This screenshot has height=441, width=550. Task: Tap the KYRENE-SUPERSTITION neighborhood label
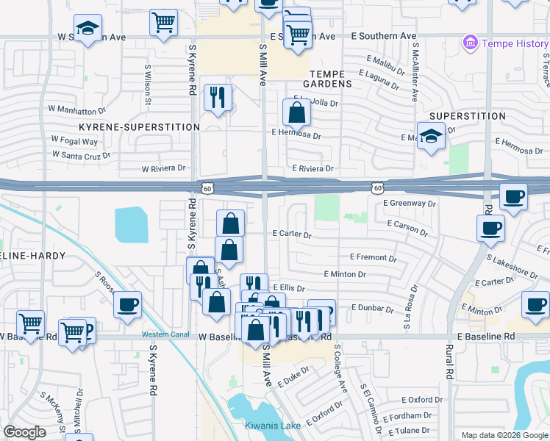click(139, 127)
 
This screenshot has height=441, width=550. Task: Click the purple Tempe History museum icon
click(470, 43)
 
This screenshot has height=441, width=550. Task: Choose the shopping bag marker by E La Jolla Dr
click(296, 112)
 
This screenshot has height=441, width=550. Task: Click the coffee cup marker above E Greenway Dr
click(513, 196)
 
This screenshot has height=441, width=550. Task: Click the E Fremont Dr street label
click(374, 258)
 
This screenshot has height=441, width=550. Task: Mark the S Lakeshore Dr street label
click(512, 265)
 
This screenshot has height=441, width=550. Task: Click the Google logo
click(25, 432)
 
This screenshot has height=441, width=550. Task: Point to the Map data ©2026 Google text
click(504, 435)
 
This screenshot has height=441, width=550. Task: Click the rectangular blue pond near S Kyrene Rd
click(131, 224)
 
